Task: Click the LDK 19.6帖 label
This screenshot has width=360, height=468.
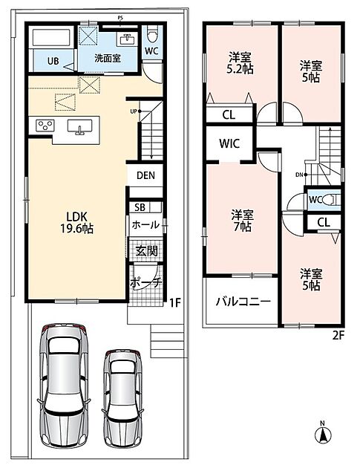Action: tap(77, 222)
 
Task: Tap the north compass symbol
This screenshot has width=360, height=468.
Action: tap(323, 432)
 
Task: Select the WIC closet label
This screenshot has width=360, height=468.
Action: tap(229, 143)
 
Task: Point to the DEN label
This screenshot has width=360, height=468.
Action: tap(145, 175)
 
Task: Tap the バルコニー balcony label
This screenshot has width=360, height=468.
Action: tap(243, 302)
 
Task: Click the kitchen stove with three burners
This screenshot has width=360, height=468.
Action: tap(45, 125)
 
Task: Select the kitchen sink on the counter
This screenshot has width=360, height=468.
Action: tap(79, 126)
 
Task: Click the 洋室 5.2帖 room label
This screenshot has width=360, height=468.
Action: tap(240, 63)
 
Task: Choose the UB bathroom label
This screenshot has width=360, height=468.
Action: tap(53, 61)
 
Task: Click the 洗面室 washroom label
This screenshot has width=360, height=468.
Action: tap(108, 58)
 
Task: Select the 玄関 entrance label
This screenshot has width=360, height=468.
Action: tap(147, 251)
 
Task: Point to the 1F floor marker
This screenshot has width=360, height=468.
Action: tap(175, 303)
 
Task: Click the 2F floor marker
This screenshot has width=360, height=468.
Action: tap(338, 336)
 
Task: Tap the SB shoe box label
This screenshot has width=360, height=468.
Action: tap(140, 207)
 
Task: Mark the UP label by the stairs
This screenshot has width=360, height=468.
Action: tap(134, 111)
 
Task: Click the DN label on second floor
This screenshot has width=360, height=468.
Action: tap(299, 175)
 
